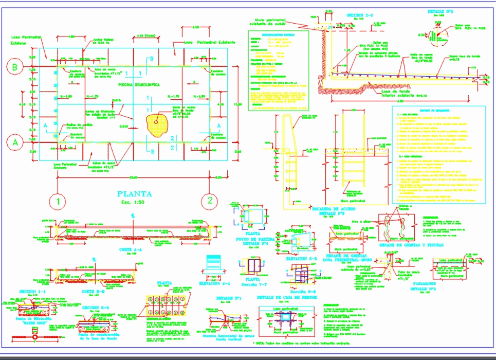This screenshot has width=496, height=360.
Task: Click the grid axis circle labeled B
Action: [15, 67]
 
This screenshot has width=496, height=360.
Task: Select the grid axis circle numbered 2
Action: [209, 201]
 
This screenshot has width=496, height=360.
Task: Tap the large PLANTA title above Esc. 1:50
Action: [135, 194]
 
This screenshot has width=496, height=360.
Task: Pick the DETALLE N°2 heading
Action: [439, 11]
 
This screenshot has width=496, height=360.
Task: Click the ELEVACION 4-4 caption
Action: [215, 282]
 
